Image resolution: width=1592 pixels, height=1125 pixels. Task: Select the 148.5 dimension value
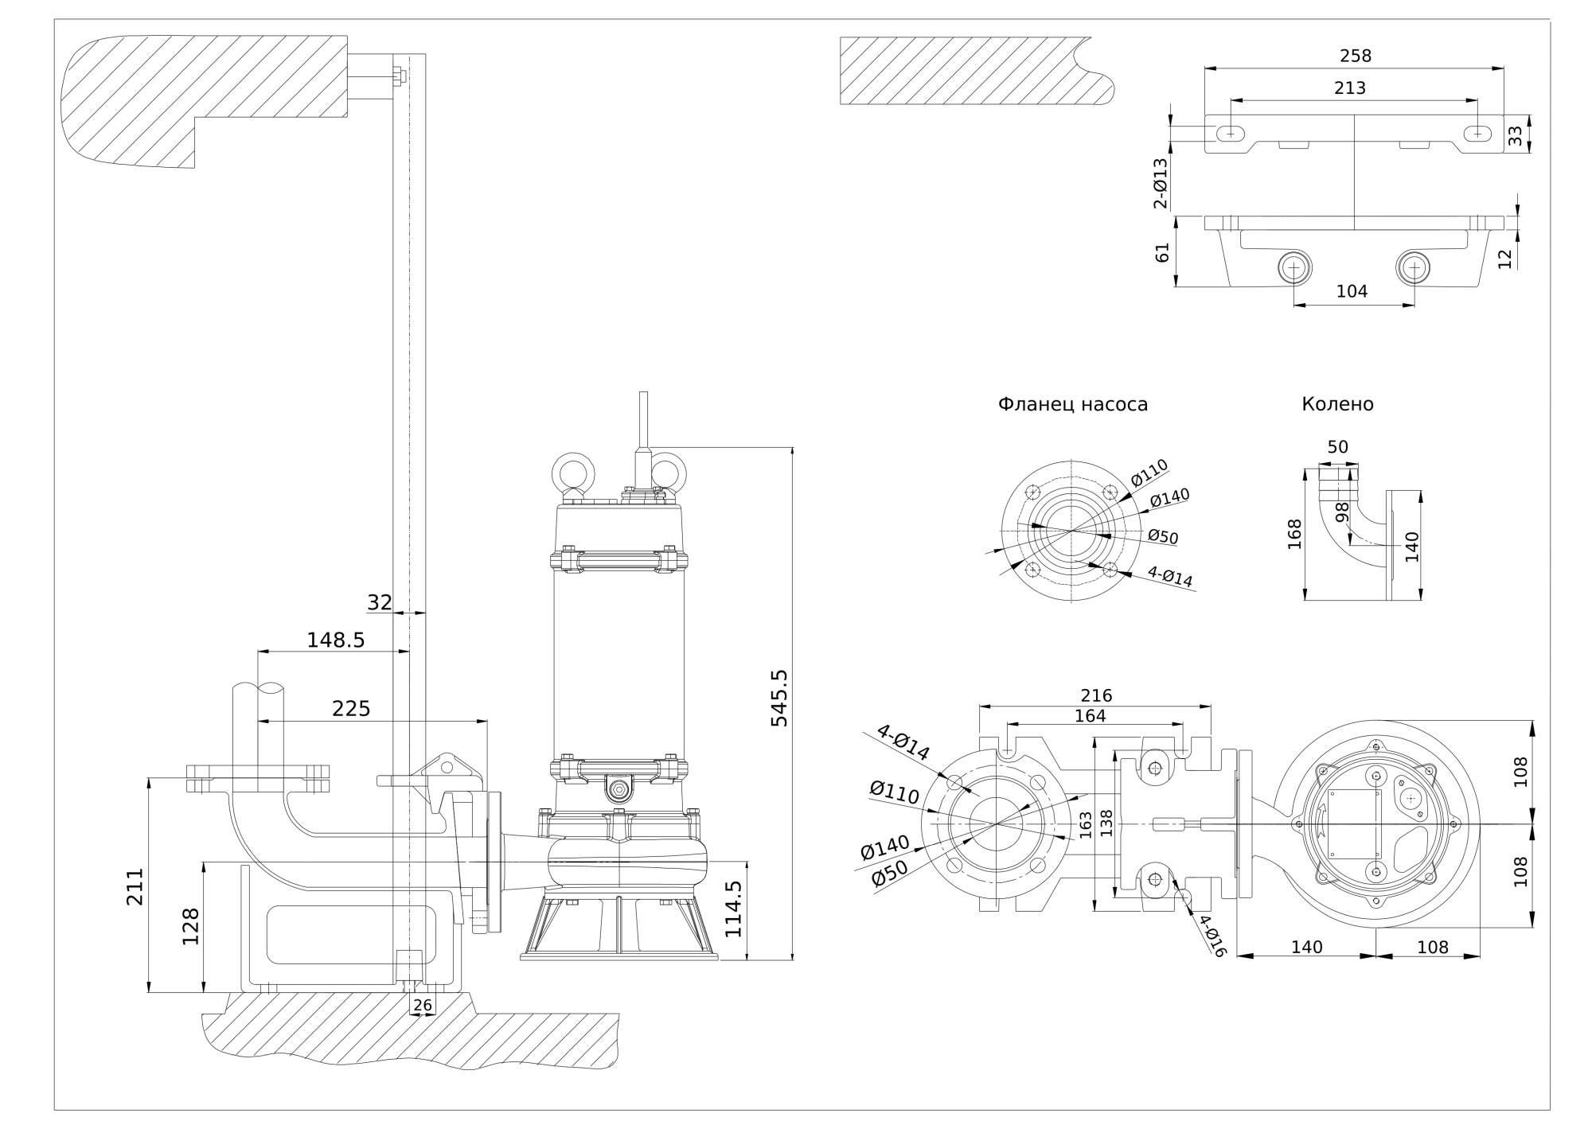[x=335, y=640]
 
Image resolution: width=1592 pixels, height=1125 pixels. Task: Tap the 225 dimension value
[x=351, y=708]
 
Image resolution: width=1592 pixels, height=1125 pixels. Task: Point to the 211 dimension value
[x=135, y=886]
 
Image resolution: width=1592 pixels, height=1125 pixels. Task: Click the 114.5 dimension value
[x=733, y=909]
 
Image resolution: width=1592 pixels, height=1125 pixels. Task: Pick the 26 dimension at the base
[x=423, y=1006]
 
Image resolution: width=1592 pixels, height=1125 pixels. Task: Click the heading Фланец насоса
[x=1073, y=404]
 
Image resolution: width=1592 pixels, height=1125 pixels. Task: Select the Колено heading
[x=1337, y=404]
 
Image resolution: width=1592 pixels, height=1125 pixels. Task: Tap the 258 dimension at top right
[x=1356, y=56]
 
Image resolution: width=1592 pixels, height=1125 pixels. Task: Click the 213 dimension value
[x=1350, y=88]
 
